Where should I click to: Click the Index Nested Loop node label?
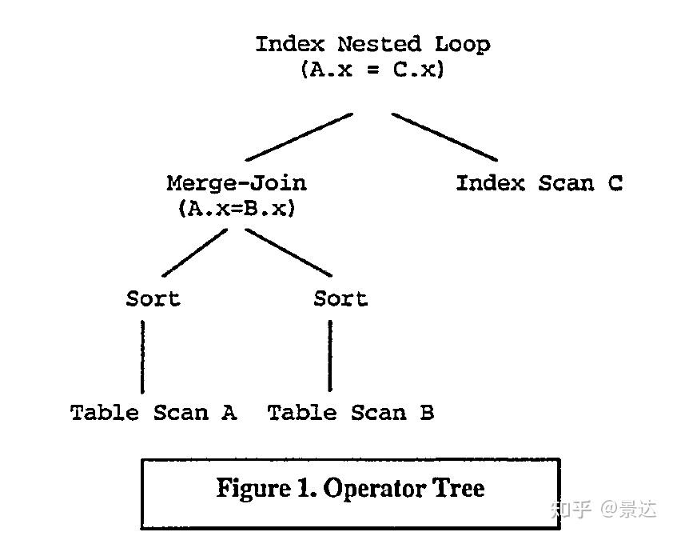(x=372, y=44)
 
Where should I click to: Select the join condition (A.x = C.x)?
(x=372, y=70)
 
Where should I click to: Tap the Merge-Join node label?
(x=237, y=183)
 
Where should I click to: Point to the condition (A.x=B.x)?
(x=237, y=209)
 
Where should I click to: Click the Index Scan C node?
(x=539, y=183)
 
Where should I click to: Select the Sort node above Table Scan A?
(x=153, y=299)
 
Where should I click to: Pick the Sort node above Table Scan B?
(x=340, y=299)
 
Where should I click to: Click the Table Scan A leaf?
(x=153, y=413)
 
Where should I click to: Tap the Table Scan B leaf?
(x=350, y=413)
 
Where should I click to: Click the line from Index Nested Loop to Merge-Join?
(x=299, y=137)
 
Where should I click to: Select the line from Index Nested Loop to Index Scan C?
(x=444, y=137)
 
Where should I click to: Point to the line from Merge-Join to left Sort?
(x=195, y=254)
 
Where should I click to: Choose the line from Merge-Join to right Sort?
(x=288, y=254)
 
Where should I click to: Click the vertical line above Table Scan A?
(x=143, y=357)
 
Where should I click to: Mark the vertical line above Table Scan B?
(x=330, y=357)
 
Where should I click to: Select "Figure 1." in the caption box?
(x=266, y=488)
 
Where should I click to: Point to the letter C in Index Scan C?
(x=614, y=183)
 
